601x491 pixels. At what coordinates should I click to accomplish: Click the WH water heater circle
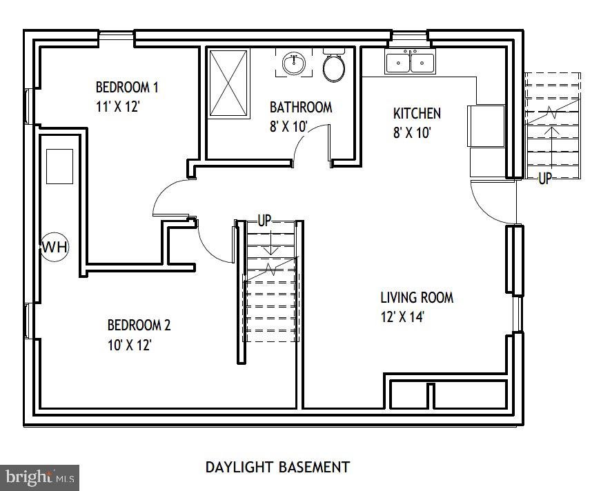(x=55, y=247)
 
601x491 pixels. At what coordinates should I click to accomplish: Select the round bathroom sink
(x=294, y=63)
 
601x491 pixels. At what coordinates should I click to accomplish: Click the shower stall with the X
(x=228, y=83)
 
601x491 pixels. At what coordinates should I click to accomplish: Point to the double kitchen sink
(x=410, y=61)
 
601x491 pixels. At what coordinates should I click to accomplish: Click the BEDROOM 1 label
(x=127, y=88)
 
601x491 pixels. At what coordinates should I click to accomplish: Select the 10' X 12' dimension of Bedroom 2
(x=130, y=345)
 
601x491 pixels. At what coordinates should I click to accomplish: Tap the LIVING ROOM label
(x=417, y=297)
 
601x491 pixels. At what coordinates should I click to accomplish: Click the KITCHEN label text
(x=417, y=113)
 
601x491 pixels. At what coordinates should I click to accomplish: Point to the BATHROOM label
(x=301, y=108)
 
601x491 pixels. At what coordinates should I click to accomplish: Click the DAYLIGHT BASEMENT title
(x=278, y=468)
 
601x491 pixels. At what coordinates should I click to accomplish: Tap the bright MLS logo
(x=39, y=478)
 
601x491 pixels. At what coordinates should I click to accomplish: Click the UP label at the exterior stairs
(x=544, y=178)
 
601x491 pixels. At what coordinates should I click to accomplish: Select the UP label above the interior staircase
(x=264, y=221)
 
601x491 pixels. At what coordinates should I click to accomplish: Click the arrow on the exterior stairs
(x=552, y=147)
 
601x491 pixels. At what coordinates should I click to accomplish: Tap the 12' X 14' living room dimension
(x=402, y=317)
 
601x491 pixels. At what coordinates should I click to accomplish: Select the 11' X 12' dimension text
(x=117, y=106)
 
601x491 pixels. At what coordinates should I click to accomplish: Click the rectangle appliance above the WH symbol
(x=60, y=166)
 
